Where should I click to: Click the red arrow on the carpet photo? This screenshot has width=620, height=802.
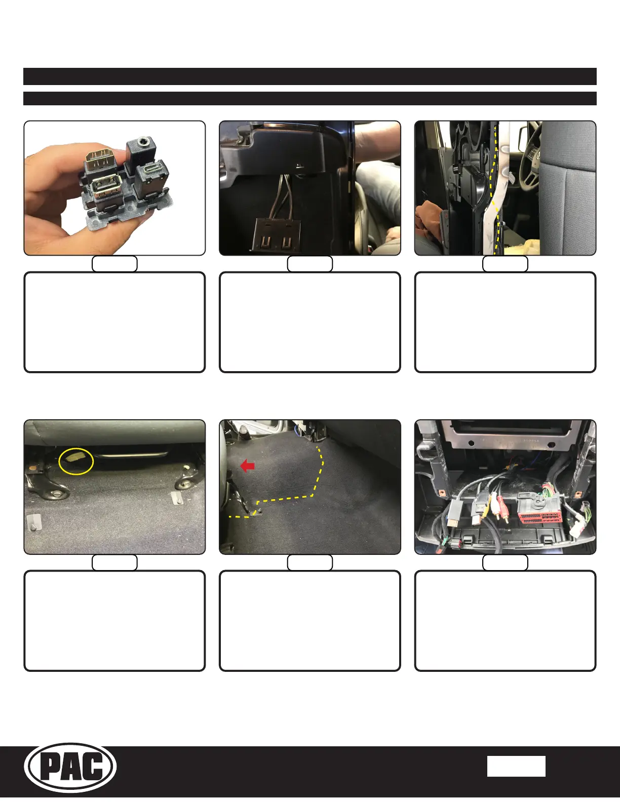(x=247, y=466)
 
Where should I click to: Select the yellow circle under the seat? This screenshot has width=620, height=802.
(x=76, y=460)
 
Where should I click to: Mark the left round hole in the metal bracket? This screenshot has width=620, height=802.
(x=471, y=443)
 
